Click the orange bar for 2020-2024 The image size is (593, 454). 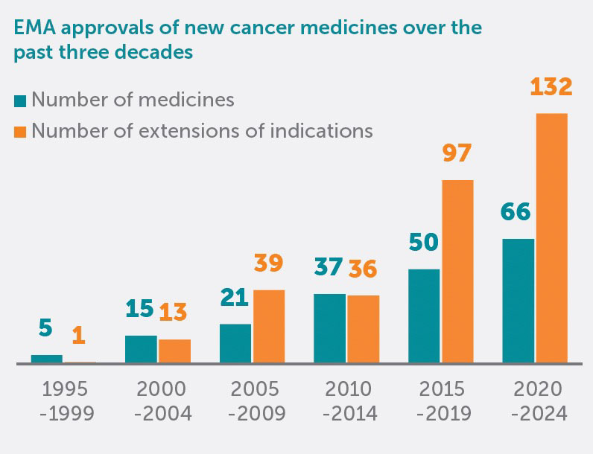551,238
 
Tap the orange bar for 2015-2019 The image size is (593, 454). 457,272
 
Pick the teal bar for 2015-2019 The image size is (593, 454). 424,316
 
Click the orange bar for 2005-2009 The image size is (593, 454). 269,327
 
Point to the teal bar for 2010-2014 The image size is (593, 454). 329,328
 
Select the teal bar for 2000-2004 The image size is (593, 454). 141,349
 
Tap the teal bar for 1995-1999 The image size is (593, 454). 46,359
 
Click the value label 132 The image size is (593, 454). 551,87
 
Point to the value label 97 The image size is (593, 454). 457,155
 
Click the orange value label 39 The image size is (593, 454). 269,263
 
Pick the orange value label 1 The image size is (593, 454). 78,334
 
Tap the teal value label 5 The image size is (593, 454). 46,327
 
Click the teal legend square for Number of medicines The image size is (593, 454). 20,100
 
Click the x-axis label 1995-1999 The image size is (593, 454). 67,401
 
